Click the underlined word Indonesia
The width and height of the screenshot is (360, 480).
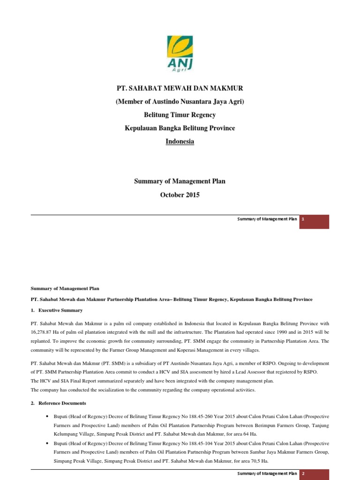[x=180, y=142]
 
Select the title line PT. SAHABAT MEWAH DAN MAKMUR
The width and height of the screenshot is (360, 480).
[x=180, y=89]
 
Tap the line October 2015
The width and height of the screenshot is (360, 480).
[x=180, y=195]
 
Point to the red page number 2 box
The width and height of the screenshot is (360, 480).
[x=315, y=474]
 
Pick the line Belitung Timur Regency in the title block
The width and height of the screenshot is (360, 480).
[x=180, y=115]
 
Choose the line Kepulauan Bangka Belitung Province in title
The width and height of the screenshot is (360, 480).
[x=180, y=128]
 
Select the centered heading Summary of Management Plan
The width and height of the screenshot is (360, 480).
[x=180, y=181]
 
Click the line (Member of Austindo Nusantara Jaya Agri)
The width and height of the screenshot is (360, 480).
[x=180, y=102]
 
